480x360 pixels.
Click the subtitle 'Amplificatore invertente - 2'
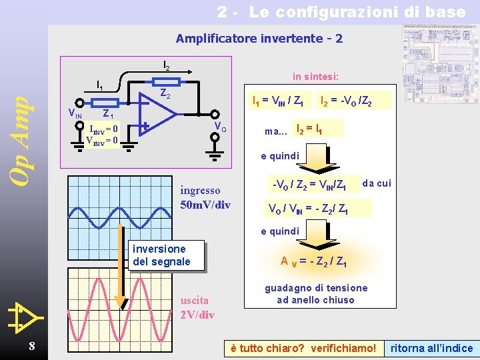(x=259, y=39)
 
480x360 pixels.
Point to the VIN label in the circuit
(x=75, y=113)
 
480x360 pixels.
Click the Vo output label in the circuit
(x=219, y=127)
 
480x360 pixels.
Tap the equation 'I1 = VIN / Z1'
(x=277, y=102)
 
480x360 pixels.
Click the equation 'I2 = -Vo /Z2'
(x=346, y=102)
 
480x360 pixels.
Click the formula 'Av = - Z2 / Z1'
(x=313, y=262)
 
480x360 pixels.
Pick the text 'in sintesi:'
(x=315, y=76)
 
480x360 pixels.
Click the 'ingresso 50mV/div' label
(x=205, y=197)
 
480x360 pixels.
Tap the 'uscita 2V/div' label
(x=197, y=307)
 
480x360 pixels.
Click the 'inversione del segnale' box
(x=162, y=255)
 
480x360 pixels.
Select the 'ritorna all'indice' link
(x=431, y=348)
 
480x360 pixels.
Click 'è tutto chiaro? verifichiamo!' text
(x=303, y=348)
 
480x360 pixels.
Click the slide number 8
(x=31, y=345)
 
